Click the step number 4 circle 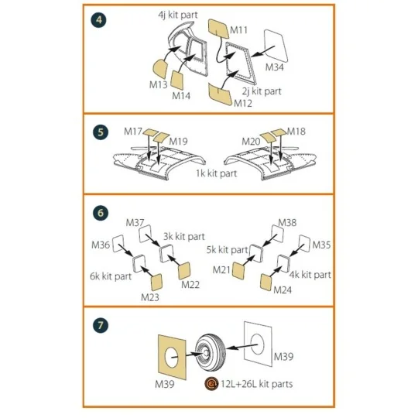(99, 20)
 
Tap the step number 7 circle (101, 325)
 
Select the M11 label (238, 30)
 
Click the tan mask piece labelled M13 (161, 70)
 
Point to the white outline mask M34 (276, 46)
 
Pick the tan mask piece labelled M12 (221, 94)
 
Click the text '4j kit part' (178, 15)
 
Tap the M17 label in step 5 (133, 132)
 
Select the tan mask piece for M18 (279, 132)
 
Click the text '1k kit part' (216, 173)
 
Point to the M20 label (251, 142)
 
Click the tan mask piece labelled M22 (184, 271)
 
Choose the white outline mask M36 (118, 243)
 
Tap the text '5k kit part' (227, 250)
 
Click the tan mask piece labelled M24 (266, 283)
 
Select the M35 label (321, 245)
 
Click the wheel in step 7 (211, 352)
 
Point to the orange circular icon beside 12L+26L (211, 384)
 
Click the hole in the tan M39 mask (171, 357)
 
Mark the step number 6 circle (101, 213)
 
